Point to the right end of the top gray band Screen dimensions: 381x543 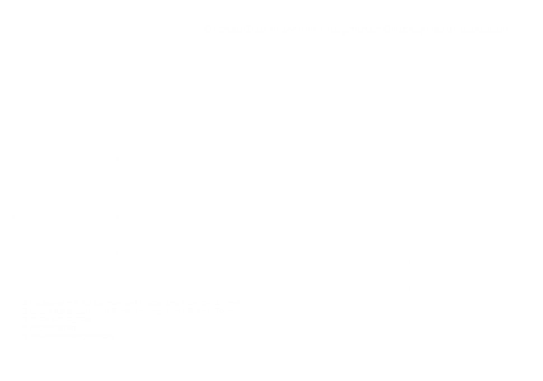(x=505, y=30)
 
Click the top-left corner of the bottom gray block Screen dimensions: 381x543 (x=23, y=300)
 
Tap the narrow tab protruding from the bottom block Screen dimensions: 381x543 (x=224, y=306)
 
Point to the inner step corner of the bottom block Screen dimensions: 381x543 (x=206, y=313)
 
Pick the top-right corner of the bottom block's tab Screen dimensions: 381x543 (x=241, y=300)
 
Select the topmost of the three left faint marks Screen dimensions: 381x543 (x=118, y=159)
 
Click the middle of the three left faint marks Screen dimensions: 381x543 (x=118, y=217)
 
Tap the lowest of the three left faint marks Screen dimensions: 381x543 (x=118, y=253)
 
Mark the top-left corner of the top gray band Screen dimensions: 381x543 (x=207, y=25)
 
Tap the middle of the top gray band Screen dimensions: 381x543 (x=357, y=30)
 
